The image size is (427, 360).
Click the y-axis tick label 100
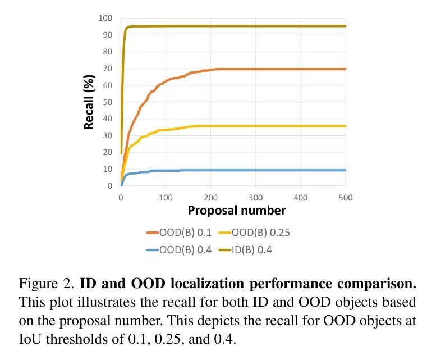click(105, 19)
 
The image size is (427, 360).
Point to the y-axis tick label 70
click(107, 69)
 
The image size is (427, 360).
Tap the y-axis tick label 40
click(107, 119)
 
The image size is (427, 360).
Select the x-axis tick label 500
click(346, 197)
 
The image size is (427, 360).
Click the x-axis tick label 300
click(256, 197)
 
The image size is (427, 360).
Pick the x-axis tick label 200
click(211, 197)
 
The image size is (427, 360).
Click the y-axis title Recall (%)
click(89, 102)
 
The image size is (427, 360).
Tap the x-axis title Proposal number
click(237, 211)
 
